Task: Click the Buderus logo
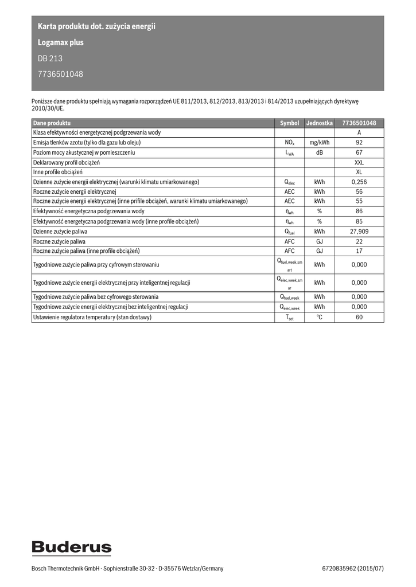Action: click(71, 547)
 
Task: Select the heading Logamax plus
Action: click(60, 42)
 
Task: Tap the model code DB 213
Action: click(50, 58)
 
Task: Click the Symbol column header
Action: click(289, 123)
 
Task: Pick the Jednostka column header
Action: click(320, 123)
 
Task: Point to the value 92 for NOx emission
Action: click(359, 143)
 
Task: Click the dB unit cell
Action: click(320, 152)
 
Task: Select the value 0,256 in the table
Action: click(359, 182)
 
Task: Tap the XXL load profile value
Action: click(359, 162)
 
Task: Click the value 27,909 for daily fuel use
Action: click(359, 232)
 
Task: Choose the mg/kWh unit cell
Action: click(320, 143)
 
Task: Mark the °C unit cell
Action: click(320, 317)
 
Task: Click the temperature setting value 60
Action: click(359, 317)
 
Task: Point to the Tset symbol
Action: click(289, 317)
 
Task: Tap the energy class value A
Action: click(359, 132)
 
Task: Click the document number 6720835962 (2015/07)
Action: click(353, 568)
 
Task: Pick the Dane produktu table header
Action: click(52, 123)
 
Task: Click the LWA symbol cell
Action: click(289, 153)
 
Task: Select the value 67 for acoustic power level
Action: click(359, 152)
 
